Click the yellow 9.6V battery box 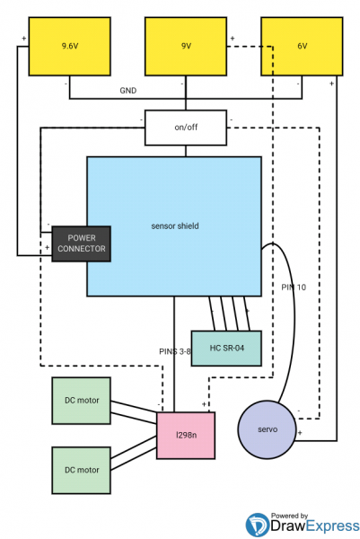(x=70, y=47)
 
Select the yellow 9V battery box (x=186, y=47)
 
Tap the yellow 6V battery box (x=302, y=47)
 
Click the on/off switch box (x=186, y=128)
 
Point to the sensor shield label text (x=175, y=225)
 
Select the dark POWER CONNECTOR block (x=82, y=243)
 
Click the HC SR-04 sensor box (x=226, y=349)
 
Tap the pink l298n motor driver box (x=186, y=436)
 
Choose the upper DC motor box (x=82, y=401)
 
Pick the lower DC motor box (x=82, y=470)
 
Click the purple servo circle (x=268, y=429)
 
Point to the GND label (x=128, y=91)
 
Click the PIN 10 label (x=294, y=287)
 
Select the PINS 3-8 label (x=175, y=351)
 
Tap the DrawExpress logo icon (x=258, y=525)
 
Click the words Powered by (x=289, y=516)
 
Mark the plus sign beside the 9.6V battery (x=23, y=38)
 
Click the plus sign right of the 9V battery (x=233, y=38)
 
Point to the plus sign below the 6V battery (x=331, y=84)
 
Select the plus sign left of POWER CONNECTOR (x=47, y=248)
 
